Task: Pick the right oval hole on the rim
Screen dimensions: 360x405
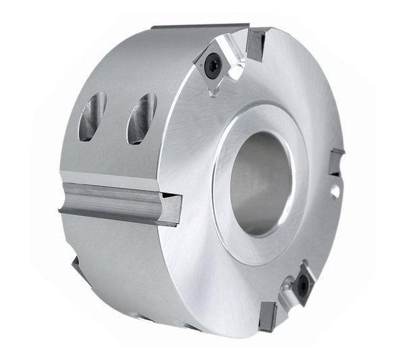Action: point(141,118)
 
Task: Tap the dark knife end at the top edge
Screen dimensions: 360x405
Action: point(256,45)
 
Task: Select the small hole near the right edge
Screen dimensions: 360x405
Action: point(335,191)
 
